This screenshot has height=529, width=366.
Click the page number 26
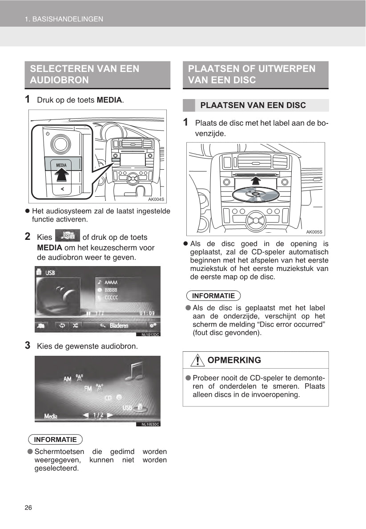tap(28, 508)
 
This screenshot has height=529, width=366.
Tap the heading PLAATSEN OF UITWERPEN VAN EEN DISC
tap(252, 74)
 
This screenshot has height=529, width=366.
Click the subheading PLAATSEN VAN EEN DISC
tap(253, 105)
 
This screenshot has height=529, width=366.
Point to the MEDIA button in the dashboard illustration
tap(61, 165)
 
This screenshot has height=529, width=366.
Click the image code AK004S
tap(156, 199)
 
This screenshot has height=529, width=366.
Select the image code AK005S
tap(314, 232)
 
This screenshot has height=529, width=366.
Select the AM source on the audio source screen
tap(68, 379)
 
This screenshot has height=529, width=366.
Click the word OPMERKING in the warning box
tap(234, 360)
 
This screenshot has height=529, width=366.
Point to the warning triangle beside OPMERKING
tap(194, 360)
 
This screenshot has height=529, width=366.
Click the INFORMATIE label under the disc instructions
tap(213, 296)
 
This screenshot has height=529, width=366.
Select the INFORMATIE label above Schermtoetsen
tap(55, 440)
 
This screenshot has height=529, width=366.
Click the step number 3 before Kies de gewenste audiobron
tap(28, 345)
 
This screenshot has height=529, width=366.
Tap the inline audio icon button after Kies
tap(67, 236)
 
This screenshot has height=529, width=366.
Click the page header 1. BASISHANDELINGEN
tap(64, 19)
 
